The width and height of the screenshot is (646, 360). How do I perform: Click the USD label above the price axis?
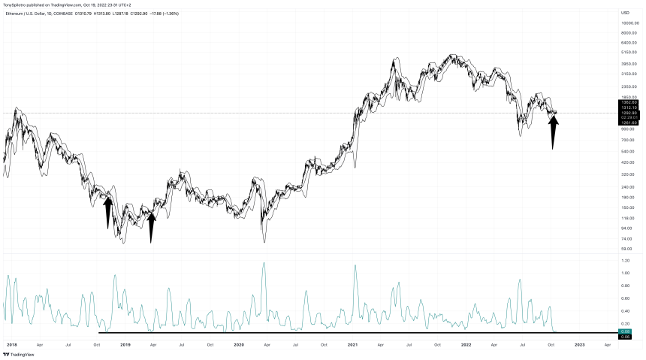tap(625, 13)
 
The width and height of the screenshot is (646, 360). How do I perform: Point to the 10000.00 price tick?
tap(629, 23)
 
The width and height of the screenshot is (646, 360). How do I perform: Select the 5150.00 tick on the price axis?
tap(629, 53)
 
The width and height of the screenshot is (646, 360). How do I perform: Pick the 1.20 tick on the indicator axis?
tap(626, 261)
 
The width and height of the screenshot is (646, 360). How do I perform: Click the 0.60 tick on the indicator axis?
tap(626, 298)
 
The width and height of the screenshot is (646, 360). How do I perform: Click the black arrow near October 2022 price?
tap(553, 131)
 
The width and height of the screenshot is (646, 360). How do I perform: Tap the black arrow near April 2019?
tap(151, 226)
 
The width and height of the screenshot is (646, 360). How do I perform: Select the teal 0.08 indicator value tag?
tap(625, 331)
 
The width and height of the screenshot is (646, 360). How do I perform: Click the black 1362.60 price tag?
tap(629, 101)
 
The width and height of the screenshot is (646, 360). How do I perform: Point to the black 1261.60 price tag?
tap(629, 123)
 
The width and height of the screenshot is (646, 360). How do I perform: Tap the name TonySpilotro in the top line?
tap(18, 5)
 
